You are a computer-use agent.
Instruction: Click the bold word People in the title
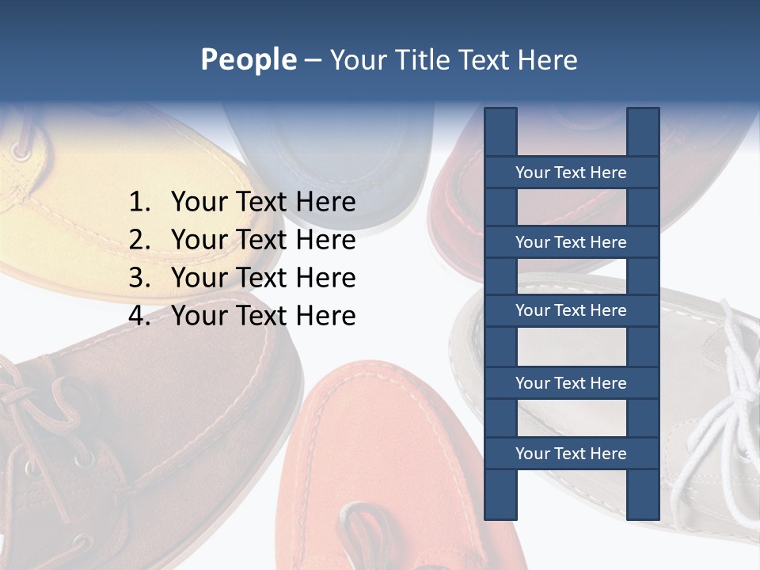point(249,59)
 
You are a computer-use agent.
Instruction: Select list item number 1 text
point(263,202)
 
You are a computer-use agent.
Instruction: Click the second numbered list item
point(263,240)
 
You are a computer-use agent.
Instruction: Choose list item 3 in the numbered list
point(263,278)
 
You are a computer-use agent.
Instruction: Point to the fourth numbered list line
point(263,316)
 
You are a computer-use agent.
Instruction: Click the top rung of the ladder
point(571,173)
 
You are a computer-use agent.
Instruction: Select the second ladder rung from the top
point(571,242)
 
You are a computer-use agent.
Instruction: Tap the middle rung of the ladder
point(571,310)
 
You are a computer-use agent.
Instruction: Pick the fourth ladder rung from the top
point(571,383)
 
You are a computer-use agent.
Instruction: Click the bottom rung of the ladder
point(571,454)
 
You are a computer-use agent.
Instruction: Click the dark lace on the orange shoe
point(372,530)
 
